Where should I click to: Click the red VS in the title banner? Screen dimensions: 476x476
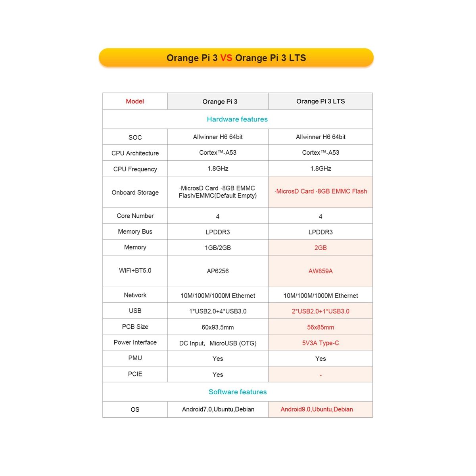[226, 58]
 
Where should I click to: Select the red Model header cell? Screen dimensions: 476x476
[135, 101]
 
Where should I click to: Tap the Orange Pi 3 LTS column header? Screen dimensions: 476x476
[321, 101]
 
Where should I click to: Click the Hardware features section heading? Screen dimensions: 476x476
[237, 119]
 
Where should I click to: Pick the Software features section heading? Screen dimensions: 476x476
[238, 392]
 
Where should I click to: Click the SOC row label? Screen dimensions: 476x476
[135, 137]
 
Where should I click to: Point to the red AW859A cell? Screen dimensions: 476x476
[321, 271]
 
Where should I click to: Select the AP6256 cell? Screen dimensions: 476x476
[218, 271]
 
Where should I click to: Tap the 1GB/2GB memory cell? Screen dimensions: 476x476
[218, 248]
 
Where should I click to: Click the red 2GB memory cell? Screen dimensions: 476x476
[321, 248]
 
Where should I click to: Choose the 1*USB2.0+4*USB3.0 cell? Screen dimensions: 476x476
[218, 311]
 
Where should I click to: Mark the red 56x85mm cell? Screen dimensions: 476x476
[321, 327]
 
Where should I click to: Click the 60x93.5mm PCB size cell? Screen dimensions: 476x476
[218, 327]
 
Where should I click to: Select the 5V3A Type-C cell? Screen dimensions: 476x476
[321, 343]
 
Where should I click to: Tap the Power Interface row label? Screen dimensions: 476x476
[135, 342]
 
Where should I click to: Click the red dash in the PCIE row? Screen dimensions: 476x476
[321, 375]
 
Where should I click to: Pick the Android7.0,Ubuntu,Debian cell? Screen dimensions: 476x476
[218, 409]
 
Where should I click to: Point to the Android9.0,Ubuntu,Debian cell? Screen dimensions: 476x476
[317, 409]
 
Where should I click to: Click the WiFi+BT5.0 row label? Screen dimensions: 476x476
[135, 271]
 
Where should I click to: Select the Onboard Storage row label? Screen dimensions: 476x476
[135, 192]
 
